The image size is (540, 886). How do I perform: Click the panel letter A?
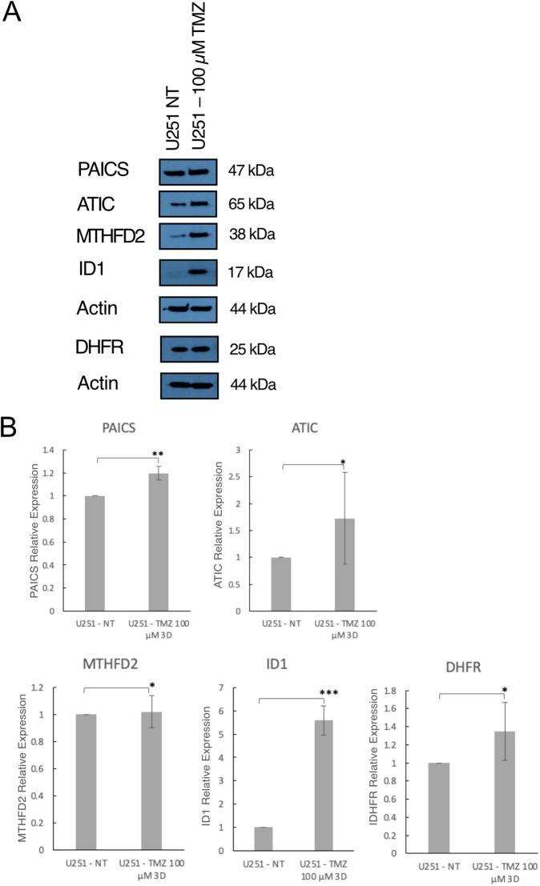tap(15, 14)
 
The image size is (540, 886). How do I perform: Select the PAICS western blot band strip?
tap(188, 170)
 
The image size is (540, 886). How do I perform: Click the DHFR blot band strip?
tap(188, 349)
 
